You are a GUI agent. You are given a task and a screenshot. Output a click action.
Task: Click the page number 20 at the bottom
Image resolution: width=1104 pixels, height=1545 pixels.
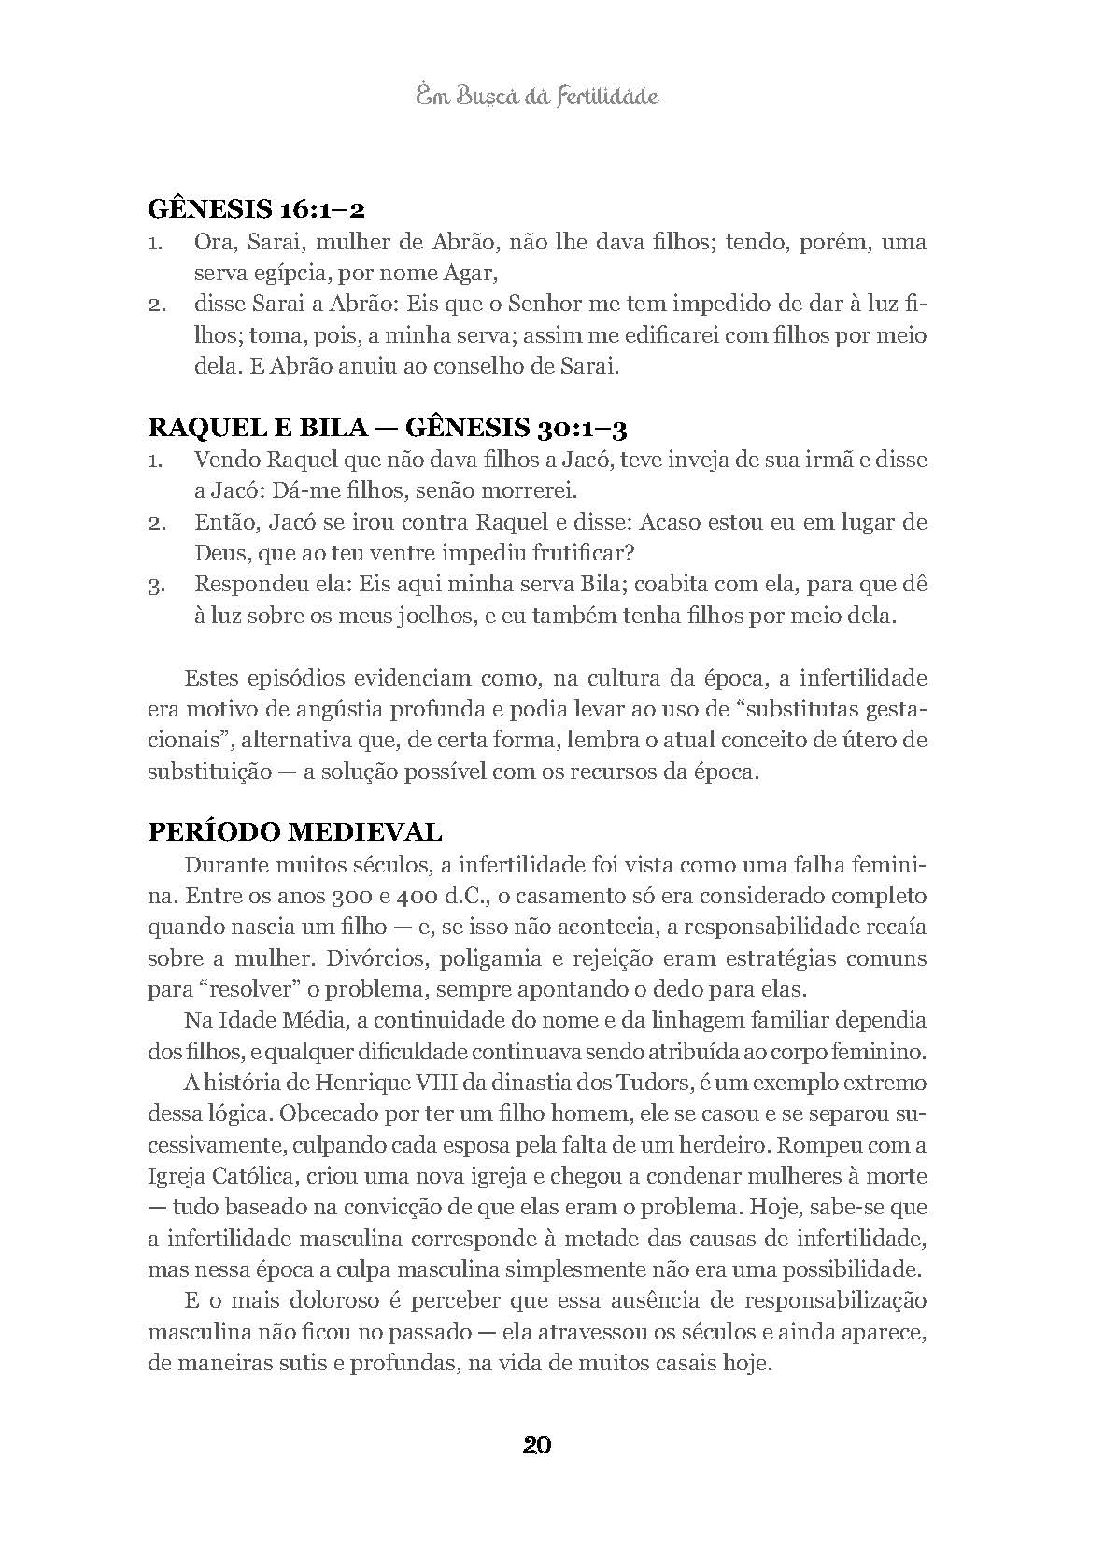point(537,1445)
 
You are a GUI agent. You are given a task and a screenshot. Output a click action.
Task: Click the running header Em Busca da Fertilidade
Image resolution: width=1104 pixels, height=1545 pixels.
point(536,96)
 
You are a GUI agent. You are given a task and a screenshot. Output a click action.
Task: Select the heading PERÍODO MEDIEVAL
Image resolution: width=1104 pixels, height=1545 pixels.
point(295,831)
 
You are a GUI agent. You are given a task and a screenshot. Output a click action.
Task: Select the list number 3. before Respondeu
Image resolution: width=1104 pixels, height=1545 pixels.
point(156,586)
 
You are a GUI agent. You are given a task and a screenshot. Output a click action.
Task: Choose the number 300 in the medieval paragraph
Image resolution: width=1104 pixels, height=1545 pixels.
point(326,897)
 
